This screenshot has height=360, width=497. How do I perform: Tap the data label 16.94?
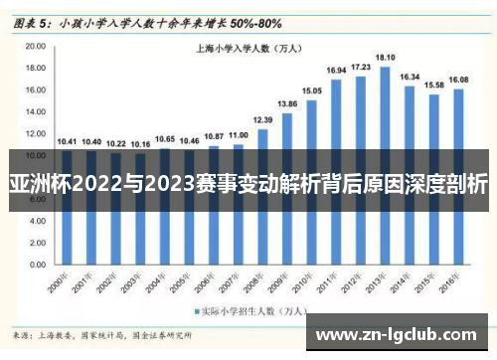point(336,70)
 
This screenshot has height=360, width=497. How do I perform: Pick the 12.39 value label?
point(262,119)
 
